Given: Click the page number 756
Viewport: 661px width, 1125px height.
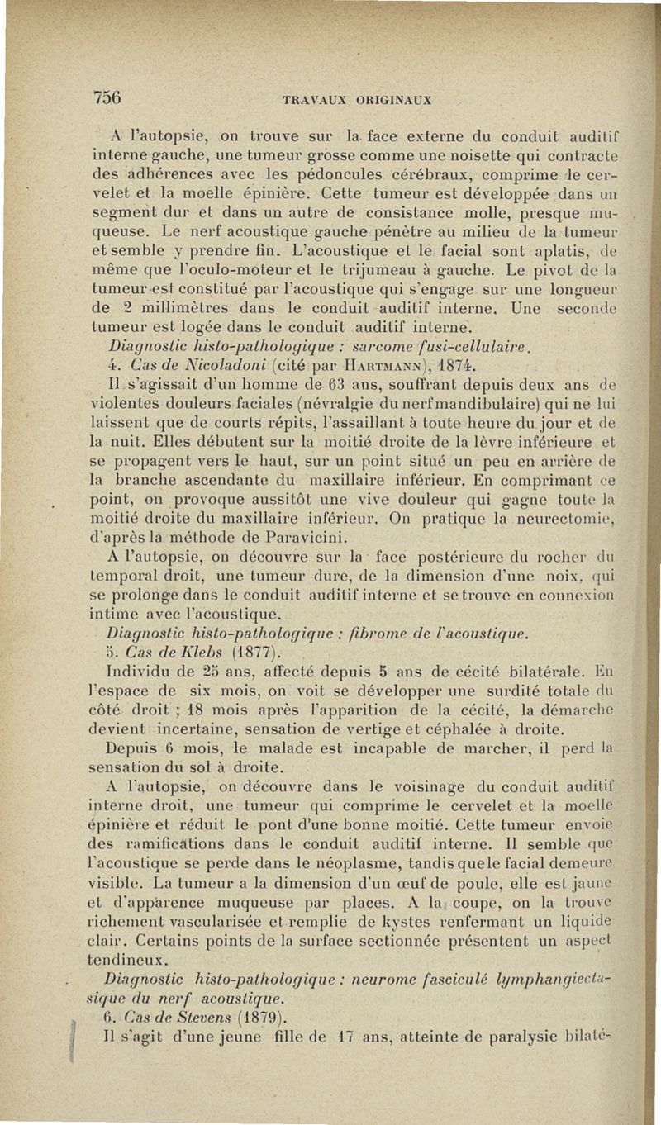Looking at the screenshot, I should click(107, 95).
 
